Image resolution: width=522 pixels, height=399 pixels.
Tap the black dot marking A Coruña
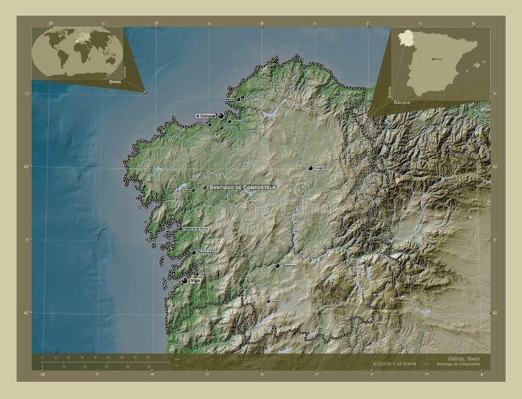tap(221, 116)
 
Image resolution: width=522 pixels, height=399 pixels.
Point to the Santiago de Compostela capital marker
tap(205, 187)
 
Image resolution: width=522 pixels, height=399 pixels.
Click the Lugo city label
tap(319, 168)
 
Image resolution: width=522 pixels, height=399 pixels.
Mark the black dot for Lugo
tap(311, 168)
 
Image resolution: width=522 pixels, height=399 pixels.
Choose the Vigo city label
tap(194, 280)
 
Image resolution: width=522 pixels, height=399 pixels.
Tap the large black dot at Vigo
tap(185, 280)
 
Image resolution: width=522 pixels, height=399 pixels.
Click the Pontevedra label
tap(206, 252)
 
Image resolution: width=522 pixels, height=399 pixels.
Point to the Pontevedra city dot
tap(194, 252)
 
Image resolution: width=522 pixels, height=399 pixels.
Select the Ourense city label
tap(290, 266)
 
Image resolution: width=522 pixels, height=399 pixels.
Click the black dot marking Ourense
tap(277, 266)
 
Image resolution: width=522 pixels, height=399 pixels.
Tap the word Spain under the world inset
tap(115, 83)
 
